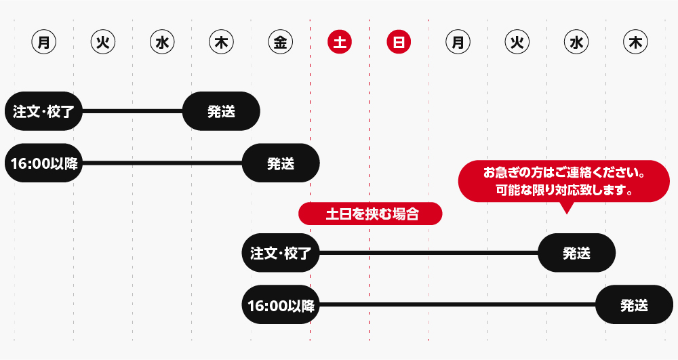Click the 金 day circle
[x=280, y=42]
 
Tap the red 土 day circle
[x=340, y=42]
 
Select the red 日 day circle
[x=399, y=42]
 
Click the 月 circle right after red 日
[x=458, y=42]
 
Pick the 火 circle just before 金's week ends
[x=103, y=42]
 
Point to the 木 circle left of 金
[x=222, y=42]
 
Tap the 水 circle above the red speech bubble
[x=576, y=42]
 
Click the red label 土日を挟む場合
[x=371, y=214]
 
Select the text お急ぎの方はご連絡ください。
[x=564, y=173]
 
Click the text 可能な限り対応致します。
[x=564, y=190]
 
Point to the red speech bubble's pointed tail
[x=566, y=214]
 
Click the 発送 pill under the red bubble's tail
[x=576, y=253]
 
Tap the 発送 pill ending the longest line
[x=635, y=304]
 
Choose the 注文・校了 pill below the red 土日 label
[x=281, y=253]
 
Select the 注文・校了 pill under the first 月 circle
[x=43, y=111]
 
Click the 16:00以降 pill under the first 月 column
[x=43, y=163]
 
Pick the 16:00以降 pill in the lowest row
[x=281, y=304]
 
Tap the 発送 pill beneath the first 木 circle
[x=222, y=111]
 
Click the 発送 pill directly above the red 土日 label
[x=281, y=163]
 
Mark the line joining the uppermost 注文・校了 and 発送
[x=132, y=111]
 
